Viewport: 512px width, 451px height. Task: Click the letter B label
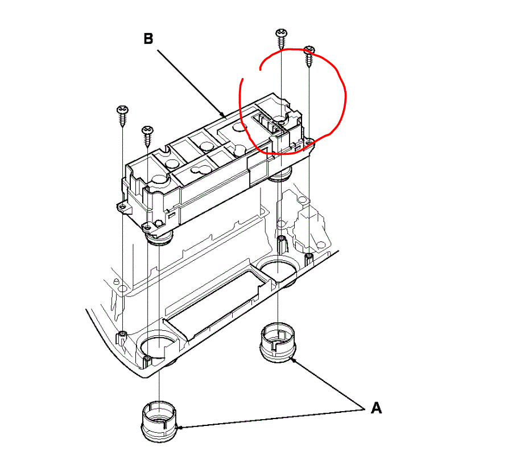[x=148, y=39]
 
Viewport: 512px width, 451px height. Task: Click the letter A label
[x=375, y=408]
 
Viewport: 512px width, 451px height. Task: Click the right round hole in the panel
[x=277, y=269]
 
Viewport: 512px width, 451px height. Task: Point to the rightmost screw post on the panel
[x=308, y=259]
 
